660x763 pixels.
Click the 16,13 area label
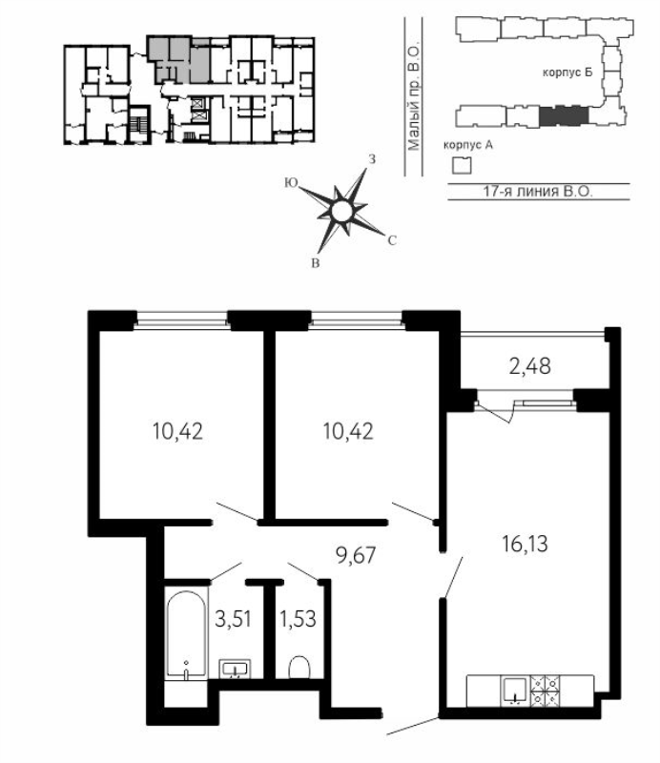tap(525, 544)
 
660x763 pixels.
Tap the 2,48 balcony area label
tap(529, 366)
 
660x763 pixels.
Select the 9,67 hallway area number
tap(357, 555)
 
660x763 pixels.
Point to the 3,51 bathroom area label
tap(233, 619)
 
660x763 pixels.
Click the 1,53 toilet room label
tap(298, 619)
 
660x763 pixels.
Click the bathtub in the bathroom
tap(186, 633)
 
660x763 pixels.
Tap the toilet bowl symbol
tap(299, 667)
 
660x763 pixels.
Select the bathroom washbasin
tap(235, 669)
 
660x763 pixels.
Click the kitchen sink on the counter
tap(515, 691)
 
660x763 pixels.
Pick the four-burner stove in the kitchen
tap(546, 691)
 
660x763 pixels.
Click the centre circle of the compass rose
tap(341, 211)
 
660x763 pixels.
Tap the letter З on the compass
tap(372, 159)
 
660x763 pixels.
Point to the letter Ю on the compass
tap(291, 183)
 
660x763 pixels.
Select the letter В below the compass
tap(316, 264)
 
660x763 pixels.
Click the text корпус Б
tap(567, 72)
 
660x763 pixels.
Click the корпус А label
tap(468, 145)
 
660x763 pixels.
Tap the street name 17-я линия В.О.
tap(538, 192)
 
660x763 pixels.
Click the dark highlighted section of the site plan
tap(564, 115)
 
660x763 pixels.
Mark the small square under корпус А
tap(462, 165)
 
